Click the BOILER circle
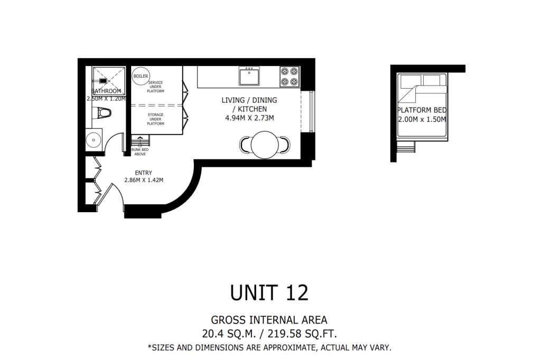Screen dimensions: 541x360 coord(141,76)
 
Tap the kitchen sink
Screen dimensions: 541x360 coord(249,76)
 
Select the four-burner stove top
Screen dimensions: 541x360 coord(290,77)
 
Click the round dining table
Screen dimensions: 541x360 coord(265,145)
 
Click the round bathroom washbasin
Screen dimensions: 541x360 coord(93,140)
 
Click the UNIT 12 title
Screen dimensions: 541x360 coord(269,292)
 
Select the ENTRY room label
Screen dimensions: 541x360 coord(144,173)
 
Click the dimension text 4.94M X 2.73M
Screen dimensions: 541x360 coord(249,118)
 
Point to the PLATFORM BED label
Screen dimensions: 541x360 coord(422,110)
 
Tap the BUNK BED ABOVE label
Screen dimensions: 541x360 coord(140,152)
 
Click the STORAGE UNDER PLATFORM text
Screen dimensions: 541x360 coord(156,119)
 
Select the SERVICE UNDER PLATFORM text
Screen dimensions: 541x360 coord(156,87)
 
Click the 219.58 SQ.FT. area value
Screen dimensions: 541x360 coord(302,334)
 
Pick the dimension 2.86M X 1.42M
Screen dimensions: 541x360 coord(144,180)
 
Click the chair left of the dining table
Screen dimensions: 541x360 coord(245,145)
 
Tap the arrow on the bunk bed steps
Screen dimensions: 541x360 coord(140,140)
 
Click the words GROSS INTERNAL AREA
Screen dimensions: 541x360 coord(269,320)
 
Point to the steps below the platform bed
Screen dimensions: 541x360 coord(406,147)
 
